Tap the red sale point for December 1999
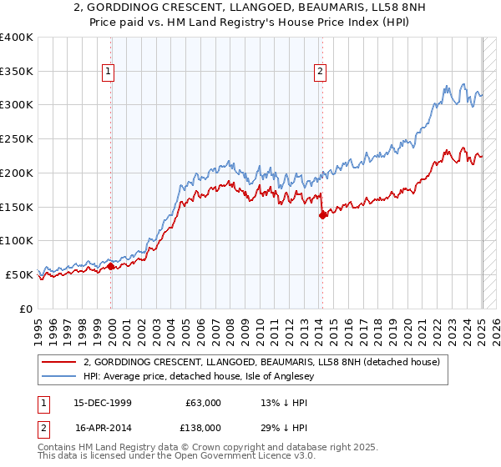pyautogui.click(x=111, y=266)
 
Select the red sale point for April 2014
pyautogui.click(x=322, y=215)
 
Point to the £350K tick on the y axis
pyautogui.click(x=17, y=71)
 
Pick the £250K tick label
pyautogui.click(x=17, y=139)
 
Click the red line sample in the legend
pyautogui.click(x=58, y=362)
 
